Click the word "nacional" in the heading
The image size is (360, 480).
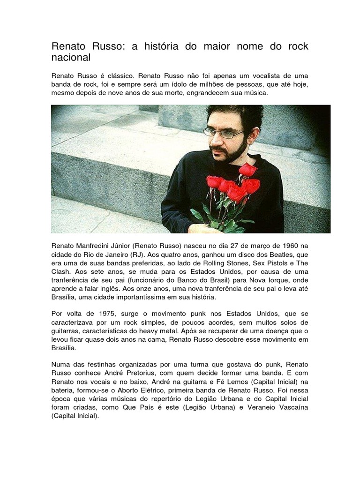[x=70, y=58]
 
